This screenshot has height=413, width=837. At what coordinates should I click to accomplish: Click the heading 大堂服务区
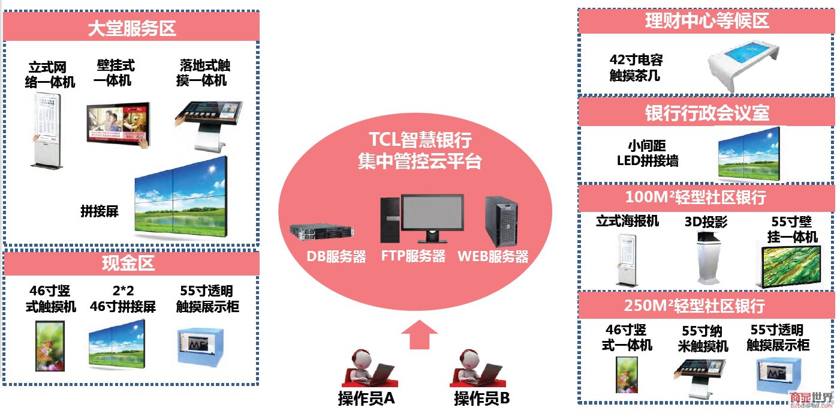[131, 28]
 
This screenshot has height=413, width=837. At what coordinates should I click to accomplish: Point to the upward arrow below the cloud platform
[419, 334]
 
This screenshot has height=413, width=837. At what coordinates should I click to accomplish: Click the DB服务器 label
[336, 256]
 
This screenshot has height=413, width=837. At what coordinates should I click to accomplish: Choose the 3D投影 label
[706, 222]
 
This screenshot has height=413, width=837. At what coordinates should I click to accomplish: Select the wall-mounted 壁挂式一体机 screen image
[118, 125]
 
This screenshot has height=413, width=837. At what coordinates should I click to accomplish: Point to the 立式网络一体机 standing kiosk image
[45, 129]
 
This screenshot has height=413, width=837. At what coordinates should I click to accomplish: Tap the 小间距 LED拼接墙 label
[648, 153]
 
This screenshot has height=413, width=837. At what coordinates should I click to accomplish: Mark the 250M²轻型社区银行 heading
[706, 306]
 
